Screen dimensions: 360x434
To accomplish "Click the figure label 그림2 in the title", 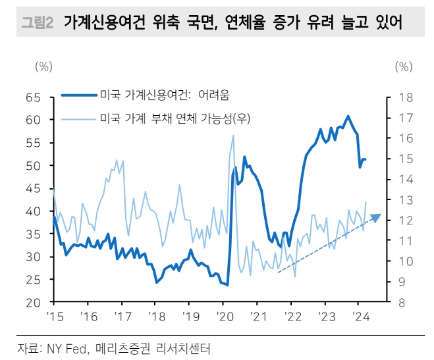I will click(38, 24).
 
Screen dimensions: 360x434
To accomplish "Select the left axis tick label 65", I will click(32, 97).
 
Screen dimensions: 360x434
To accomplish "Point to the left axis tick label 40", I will click(32, 211).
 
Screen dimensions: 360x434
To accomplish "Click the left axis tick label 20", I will click(32, 303).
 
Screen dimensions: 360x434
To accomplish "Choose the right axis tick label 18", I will click(404, 97).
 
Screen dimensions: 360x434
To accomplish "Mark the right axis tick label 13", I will click(404, 200).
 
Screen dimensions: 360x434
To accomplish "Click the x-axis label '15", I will click(54, 315).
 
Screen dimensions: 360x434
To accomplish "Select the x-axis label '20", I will click(223, 315).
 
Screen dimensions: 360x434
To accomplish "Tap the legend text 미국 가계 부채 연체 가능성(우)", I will click(176, 118).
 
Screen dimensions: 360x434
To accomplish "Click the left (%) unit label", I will click(43, 66).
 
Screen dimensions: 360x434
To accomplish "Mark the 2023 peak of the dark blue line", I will click(348, 116).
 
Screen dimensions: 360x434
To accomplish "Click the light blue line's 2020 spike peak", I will click(233, 136).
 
